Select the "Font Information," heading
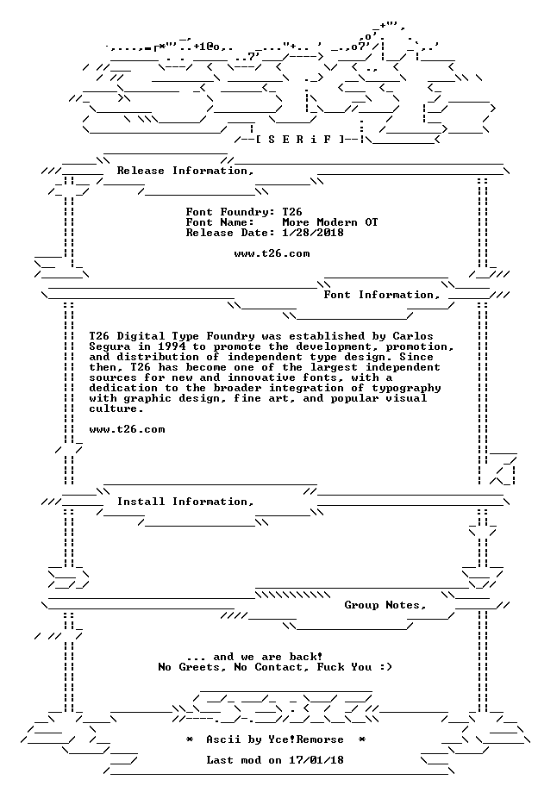tap(382, 295)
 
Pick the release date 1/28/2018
tap(313, 233)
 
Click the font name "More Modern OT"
tap(330, 222)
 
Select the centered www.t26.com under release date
tap(272, 253)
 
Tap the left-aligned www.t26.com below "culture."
tap(127, 429)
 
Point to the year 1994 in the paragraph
tap(172, 346)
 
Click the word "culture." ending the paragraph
tap(116, 409)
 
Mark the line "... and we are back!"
tap(254, 658)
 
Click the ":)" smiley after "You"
tap(385, 668)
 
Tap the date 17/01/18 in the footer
tap(316, 760)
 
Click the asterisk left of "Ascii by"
tap(190, 739)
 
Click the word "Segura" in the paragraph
tap(109, 346)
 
